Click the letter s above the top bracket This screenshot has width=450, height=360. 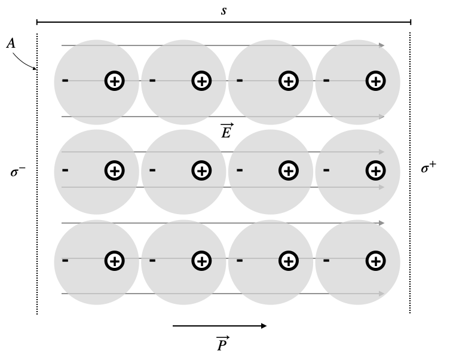click(x=224, y=11)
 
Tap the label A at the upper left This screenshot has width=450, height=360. click(x=11, y=44)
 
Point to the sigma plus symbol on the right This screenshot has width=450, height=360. click(x=428, y=169)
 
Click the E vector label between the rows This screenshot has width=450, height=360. click(x=226, y=131)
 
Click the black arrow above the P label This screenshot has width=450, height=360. click(x=219, y=326)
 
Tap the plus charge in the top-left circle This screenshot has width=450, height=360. click(x=114, y=81)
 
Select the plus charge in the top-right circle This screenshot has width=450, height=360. click(x=375, y=81)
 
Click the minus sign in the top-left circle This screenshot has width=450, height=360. click(x=65, y=81)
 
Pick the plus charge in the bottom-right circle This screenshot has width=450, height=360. click(x=375, y=261)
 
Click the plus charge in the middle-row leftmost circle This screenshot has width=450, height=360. click(x=114, y=171)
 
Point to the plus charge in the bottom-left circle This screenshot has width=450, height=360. click(x=114, y=261)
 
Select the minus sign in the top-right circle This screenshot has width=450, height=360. click(x=326, y=81)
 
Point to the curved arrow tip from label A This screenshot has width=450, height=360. click(x=35, y=68)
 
